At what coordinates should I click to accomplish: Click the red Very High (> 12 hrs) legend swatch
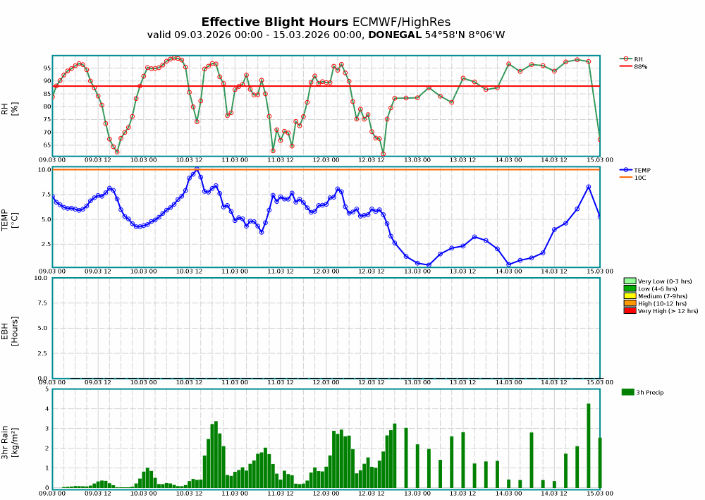pos(630,310)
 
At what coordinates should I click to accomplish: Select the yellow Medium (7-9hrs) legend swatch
pos(630,295)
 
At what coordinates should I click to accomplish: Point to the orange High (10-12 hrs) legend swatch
pos(630,303)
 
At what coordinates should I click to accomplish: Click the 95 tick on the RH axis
pos(46,68)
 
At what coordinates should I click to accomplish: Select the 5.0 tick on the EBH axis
pos(44,328)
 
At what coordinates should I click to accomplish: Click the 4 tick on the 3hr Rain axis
pos(47,409)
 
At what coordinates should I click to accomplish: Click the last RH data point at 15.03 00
pos(600,140)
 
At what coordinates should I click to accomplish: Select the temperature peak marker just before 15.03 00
pos(589,187)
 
